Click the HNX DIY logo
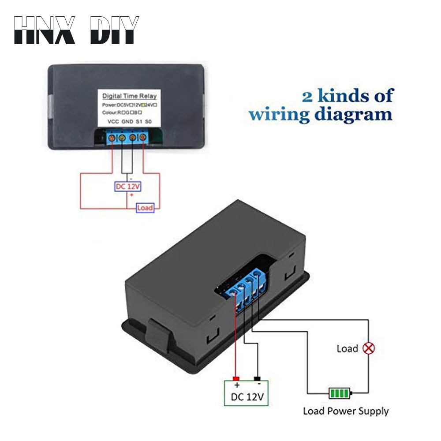point(76,30)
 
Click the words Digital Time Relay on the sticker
point(129,96)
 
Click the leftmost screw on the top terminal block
point(111,139)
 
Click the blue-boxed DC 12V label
point(127,187)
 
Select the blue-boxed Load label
point(145,208)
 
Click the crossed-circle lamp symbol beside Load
point(368,348)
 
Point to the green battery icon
point(339,392)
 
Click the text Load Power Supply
point(346,411)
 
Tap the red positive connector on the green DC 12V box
point(236,379)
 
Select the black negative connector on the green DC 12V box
point(258,379)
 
